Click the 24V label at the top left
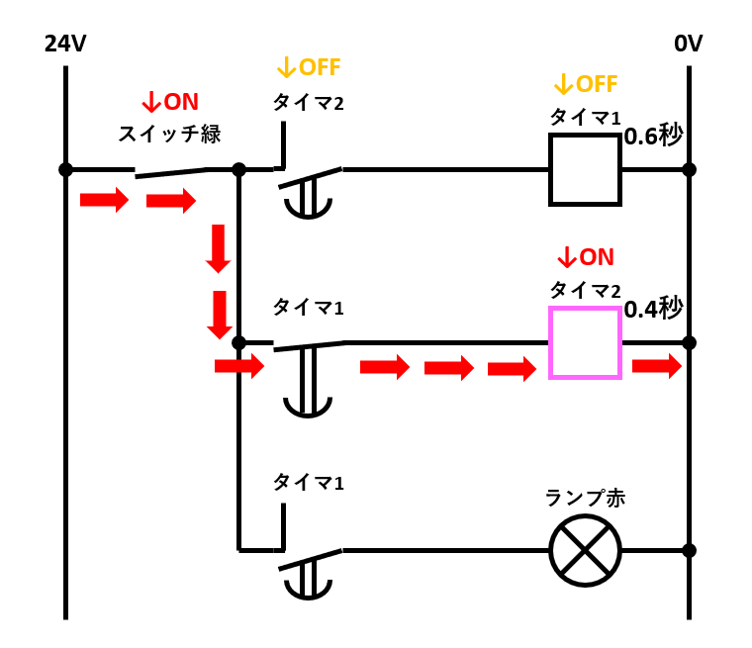(x=65, y=45)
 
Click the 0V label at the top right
(x=688, y=45)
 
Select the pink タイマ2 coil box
(x=585, y=342)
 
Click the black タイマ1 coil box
(x=585, y=169)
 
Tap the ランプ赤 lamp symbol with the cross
(x=585, y=550)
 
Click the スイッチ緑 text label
(x=169, y=133)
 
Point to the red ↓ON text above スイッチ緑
(x=169, y=102)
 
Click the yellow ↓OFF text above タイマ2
(x=308, y=67)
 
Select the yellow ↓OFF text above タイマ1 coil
(x=585, y=83)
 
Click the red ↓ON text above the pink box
(x=585, y=257)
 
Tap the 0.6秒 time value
(x=653, y=135)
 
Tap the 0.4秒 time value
(x=653, y=309)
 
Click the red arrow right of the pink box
(x=656, y=367)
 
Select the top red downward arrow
(x=218, y=248)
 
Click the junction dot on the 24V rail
(x=65, y=169)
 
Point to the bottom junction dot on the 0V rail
(x=689, y=550)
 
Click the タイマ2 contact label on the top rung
(x=308, y=101)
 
